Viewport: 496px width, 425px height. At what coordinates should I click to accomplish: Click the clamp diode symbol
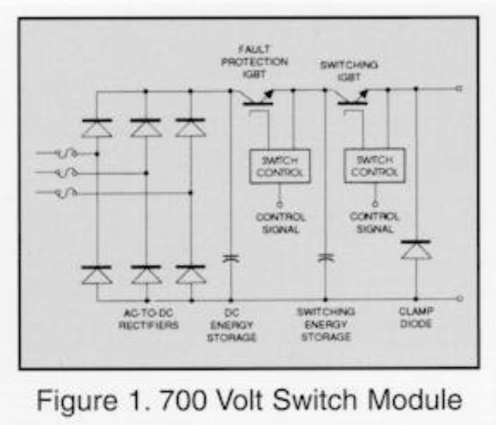pos(416,249)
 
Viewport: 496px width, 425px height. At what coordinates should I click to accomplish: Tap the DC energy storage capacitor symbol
pos(230,258)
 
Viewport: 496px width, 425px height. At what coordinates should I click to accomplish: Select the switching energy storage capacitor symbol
pos(326,258)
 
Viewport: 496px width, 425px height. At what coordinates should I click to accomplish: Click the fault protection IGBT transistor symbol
pos(259,100)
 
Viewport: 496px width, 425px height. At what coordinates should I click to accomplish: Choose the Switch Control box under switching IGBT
pos(374,165)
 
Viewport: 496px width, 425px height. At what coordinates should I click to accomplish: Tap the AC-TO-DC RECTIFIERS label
pos(148,318)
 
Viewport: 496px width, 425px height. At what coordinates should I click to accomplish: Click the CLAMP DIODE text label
pos(416,318)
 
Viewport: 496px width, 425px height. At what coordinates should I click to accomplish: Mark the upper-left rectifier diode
pos(97,128)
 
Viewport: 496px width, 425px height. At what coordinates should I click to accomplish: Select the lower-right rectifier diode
pos(190,275)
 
